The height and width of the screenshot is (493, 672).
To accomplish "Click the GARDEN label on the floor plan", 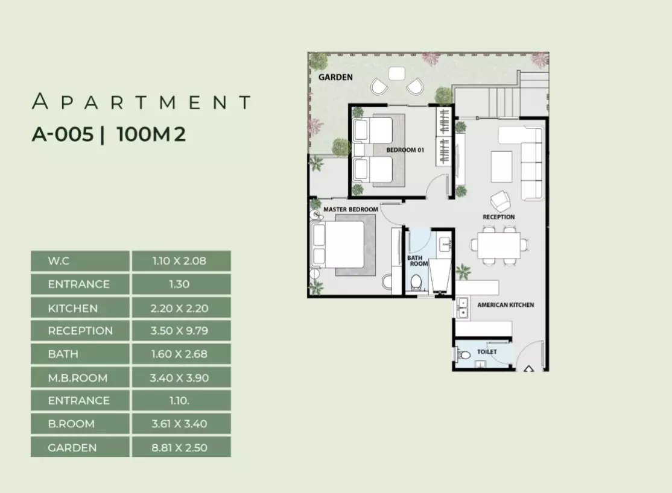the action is [x=335, y=78].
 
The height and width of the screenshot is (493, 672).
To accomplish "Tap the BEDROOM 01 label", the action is [x=405, y=150].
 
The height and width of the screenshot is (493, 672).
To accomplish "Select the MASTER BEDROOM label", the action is [x=350, y=210].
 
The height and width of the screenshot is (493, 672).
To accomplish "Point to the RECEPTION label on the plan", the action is [x=498, y=217].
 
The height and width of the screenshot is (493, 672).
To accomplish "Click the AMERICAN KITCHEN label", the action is [x=506, y=305].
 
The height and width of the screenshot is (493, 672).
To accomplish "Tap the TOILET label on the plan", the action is [x=487, y=351].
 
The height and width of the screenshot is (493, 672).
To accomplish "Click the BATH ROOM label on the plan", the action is [x=417, y=261].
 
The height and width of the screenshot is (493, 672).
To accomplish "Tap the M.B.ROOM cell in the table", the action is [x=80, y=378].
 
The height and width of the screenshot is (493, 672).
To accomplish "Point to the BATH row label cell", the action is [x=80, y=354].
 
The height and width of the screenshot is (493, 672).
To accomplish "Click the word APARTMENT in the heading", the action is [x=141, y=101].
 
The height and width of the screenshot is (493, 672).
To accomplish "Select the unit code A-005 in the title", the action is [x=63, y=134].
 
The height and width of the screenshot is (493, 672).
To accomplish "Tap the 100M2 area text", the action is [x=151, y=134].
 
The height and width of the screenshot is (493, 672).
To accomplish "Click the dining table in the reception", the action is [x=499, y=245].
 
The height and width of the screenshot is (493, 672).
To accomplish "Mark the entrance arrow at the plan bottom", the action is [x=528, y=368].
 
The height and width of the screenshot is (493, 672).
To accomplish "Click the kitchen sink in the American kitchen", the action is [x=463, y=308].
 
